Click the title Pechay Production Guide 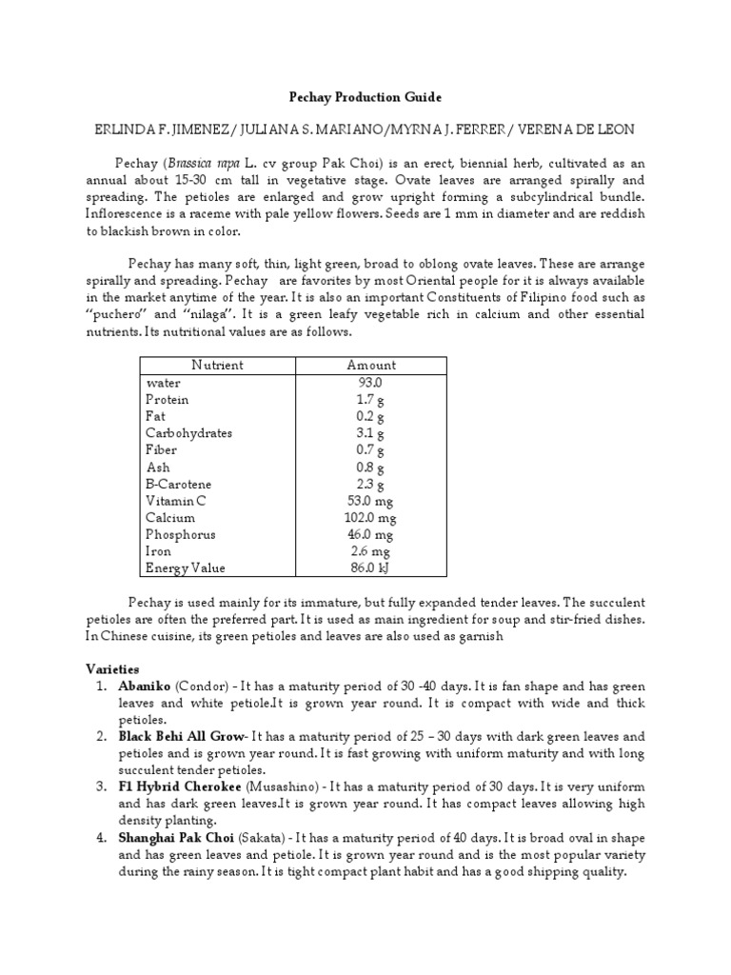[365, 97]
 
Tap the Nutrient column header [217, 366]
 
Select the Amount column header [371, 366]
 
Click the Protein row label [167, 400]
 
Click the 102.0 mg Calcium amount [370, 518]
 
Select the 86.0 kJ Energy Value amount [370, 568]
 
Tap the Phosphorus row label [181, 535]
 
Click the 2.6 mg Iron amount [370, 552]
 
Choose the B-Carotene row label [179, 485]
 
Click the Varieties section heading [112, 669]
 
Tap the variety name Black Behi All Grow [181, 737]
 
